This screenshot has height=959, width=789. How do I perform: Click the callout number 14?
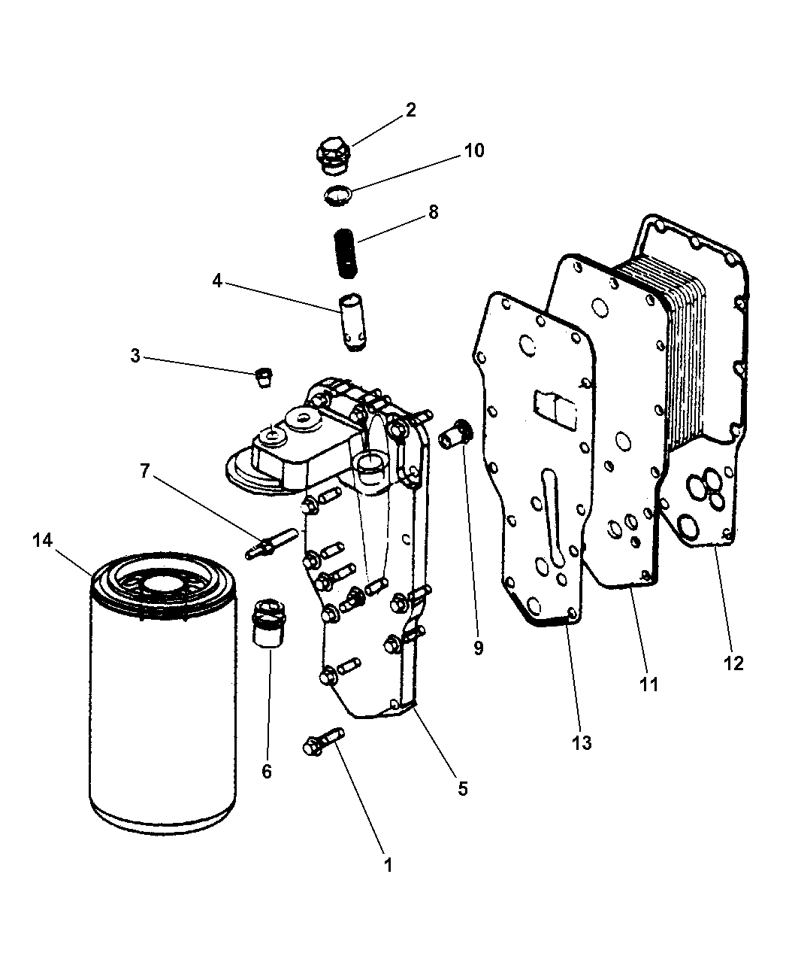43,540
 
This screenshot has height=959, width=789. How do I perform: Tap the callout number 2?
410,110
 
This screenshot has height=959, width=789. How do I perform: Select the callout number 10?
473,150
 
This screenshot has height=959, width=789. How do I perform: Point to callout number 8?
433,212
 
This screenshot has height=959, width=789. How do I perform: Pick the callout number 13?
582,743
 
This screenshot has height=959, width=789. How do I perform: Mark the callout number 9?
479,648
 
